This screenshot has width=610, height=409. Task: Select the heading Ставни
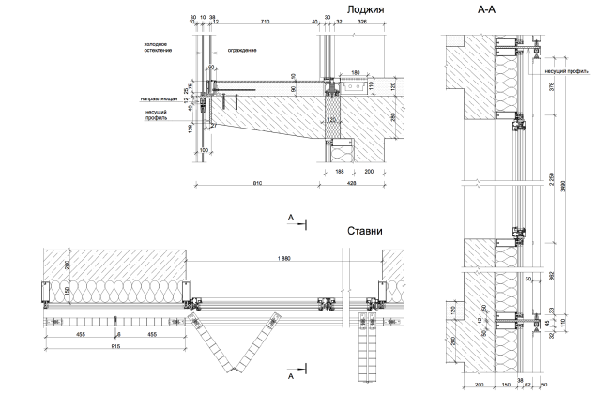click(364, 231)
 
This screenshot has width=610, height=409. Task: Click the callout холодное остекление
click(155, 46)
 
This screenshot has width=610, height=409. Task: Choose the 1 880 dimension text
click(284, 259)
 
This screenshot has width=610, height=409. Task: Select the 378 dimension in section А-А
click(550, 86)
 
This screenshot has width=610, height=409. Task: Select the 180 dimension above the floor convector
click(355, 72)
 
